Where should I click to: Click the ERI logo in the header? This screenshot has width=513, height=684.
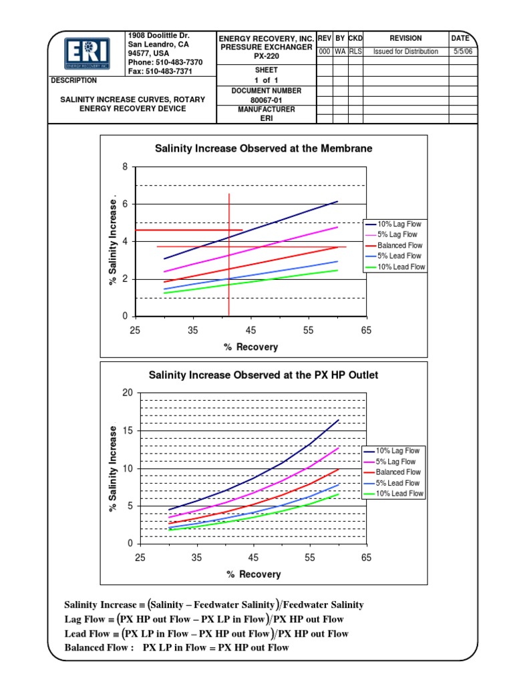[88, 53]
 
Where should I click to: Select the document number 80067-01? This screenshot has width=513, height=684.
[266, 100]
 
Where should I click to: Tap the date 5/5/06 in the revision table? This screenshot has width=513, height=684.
[462, 51]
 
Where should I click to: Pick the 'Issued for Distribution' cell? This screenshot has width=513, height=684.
[405, 51]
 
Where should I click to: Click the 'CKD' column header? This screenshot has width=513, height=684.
[355, 39]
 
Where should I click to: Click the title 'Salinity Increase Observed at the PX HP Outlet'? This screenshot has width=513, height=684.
[263, 375]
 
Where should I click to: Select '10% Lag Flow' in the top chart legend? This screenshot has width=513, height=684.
[399, 224]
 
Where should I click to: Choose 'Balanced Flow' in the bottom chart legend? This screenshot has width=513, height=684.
[398, 472]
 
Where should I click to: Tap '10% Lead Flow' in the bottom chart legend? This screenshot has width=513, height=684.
[399, 494]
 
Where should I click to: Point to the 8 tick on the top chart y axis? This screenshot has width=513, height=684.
[124, 166]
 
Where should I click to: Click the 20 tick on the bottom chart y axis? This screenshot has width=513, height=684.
[128, 393]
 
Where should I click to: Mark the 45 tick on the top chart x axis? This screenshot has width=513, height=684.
[250, 331]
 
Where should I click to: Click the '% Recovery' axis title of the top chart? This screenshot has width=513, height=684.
[250, 347]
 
